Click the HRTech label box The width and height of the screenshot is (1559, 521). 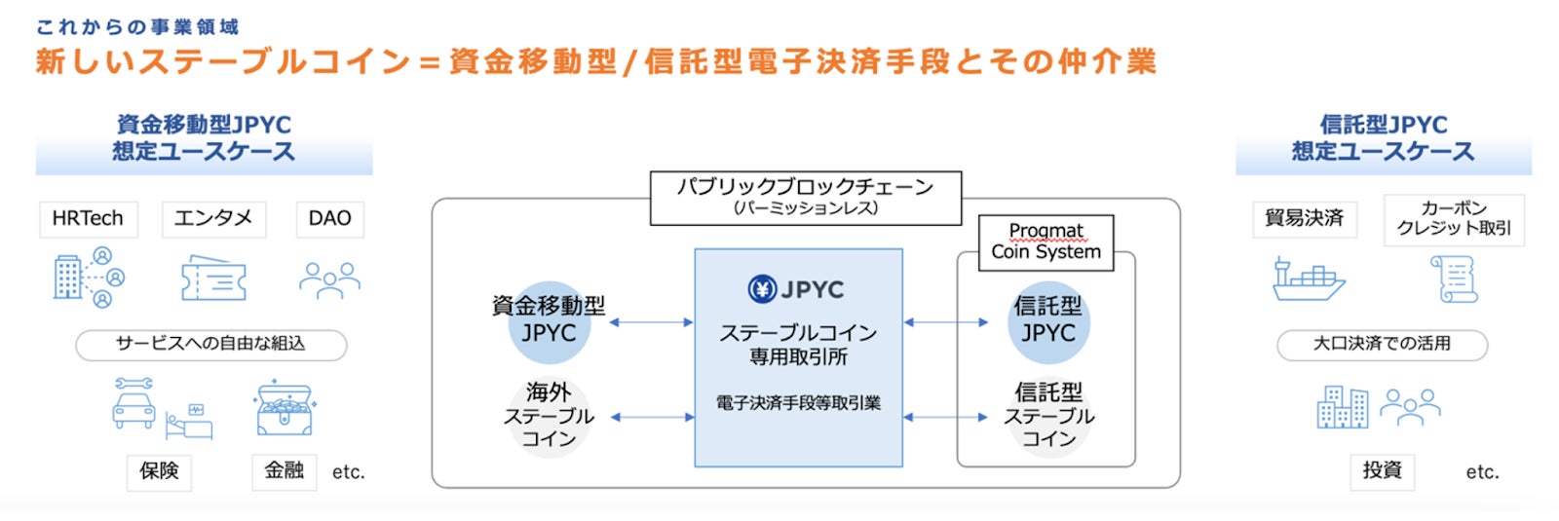point(89,219)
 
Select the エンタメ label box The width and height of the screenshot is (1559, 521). point(213,219)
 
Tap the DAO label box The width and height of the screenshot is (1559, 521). point(330,219)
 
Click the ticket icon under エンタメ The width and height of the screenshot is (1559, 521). point(213,278)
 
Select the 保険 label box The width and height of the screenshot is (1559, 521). point(160,472)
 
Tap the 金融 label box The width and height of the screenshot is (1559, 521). point(285,472)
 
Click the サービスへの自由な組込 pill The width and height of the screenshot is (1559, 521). point(210,345)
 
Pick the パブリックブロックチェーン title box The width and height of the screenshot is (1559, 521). point(806,199)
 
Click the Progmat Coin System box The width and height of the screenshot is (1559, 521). point(1046,242)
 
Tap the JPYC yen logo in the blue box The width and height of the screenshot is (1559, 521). point(762,288)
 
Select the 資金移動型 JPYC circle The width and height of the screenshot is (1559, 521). point(550,322)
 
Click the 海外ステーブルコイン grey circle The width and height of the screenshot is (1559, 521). point(550,416)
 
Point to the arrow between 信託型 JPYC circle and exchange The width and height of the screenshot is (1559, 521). point(946,322)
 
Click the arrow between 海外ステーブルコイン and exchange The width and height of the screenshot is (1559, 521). point(652,418)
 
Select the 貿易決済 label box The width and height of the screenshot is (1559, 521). point(1305,219)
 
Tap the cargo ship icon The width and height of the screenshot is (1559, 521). point(1309,279)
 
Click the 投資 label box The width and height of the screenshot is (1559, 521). point(1383,472)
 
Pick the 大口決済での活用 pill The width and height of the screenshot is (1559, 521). point(1383,345)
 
